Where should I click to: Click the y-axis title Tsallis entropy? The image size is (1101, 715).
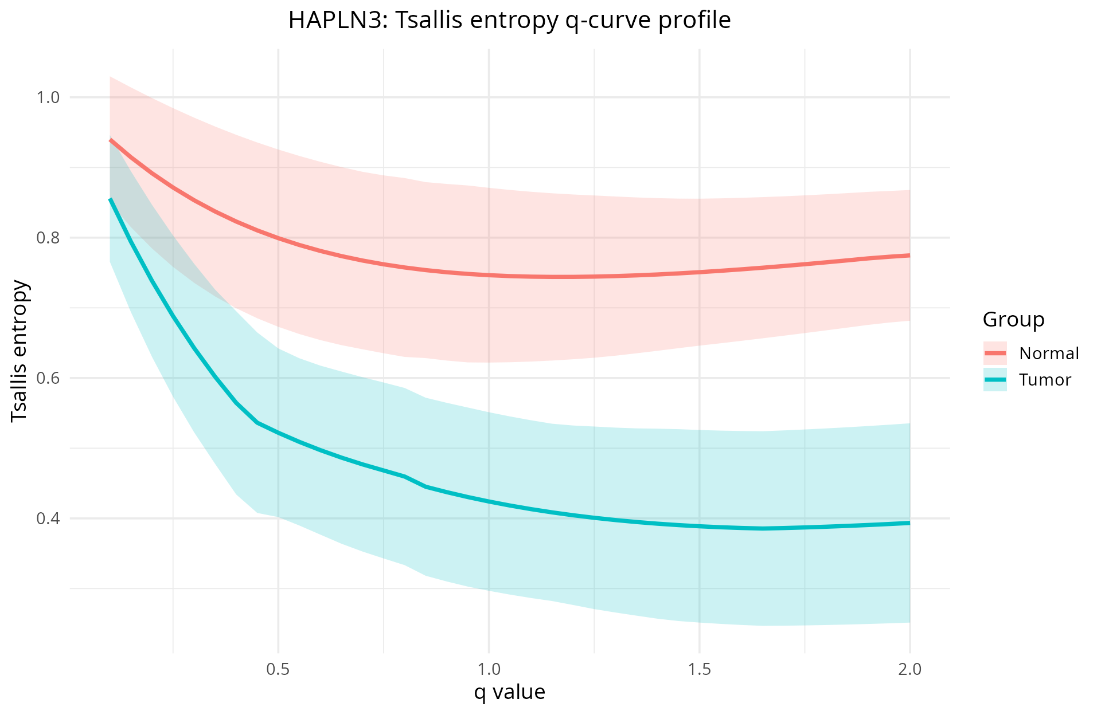[x=19, y=351]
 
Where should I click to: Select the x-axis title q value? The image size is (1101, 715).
[x=509, y=692]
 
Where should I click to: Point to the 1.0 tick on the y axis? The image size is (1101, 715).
[x=48, y=97]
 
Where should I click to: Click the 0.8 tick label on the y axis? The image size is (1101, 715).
[x=48, y=238]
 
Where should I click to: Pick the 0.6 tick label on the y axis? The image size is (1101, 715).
[x=48, y=378]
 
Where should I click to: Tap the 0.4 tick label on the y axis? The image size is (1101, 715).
[x=48, y=518]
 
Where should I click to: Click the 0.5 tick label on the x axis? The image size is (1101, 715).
[x=278, y=669]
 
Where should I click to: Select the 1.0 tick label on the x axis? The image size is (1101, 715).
[x=489, y=669]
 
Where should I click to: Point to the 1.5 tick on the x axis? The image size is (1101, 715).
[x=700, y=669]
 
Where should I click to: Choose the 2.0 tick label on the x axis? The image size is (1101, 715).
[x=910, y=669]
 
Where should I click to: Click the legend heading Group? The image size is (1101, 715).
[x=1013, y=320]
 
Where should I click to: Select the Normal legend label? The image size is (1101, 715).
[x=1049, y=353]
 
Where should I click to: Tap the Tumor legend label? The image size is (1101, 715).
[x=1045, y=380]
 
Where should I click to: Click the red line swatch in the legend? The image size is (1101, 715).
[x=995, y=353]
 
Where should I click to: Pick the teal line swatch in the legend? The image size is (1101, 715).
[x=995, y=380]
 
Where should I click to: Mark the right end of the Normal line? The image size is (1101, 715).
[x=909, y=255]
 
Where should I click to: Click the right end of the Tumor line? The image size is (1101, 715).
[x=909, y=522]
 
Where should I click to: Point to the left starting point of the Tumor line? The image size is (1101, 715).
[x=110, y=199]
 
